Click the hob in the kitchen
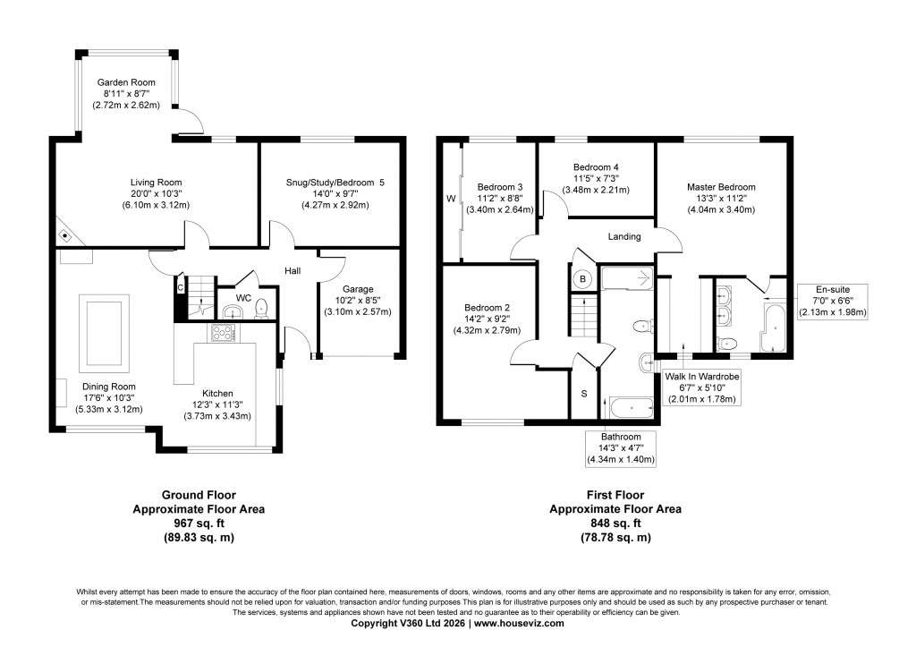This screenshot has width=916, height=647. click(x=222, y=333)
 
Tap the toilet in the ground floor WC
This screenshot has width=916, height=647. click(x=261, y=309)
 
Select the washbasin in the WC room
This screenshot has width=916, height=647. click(x=233, y=311)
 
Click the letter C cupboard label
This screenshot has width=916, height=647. click(x=180, y=287)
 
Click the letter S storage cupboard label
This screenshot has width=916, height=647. click(x=584, y=394)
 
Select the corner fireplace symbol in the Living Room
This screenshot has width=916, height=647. click(x=65, y=234)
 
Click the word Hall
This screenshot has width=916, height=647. click(x=293, y=270)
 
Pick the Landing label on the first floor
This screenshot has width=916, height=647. click(x=623, y=237)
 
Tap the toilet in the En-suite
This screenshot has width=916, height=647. click(x=729, y=344)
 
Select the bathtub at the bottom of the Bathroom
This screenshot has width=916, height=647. click(x=630, y=407)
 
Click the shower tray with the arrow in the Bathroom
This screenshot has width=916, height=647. click(x=627, y=279)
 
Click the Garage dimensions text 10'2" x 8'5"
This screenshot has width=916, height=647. click(x=358, y=300)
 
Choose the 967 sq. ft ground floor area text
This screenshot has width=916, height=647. click(x=198, y=523)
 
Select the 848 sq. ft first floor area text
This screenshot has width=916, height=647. click(x=615, y=523)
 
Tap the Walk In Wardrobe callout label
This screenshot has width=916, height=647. click(x=701, y=377)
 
